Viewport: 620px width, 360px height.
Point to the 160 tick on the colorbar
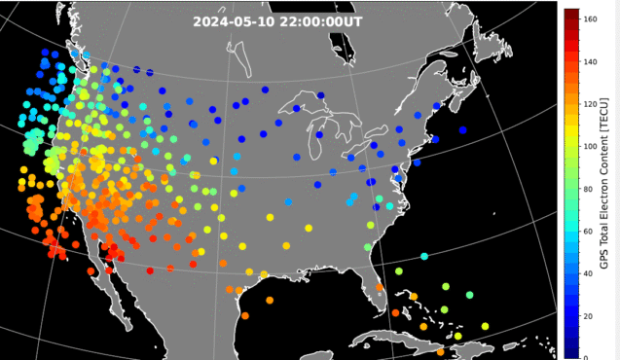[591, 18]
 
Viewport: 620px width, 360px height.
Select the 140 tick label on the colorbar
[591, 60]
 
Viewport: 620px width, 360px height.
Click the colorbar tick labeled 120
[591, 103]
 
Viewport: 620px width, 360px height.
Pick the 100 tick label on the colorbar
[591, 146]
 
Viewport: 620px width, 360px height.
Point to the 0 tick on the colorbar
[586, 356]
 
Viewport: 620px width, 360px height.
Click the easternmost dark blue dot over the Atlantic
[462, 130]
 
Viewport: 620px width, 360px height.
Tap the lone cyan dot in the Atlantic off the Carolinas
[424, 257]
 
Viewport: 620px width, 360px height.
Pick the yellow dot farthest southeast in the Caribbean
[485, 327]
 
